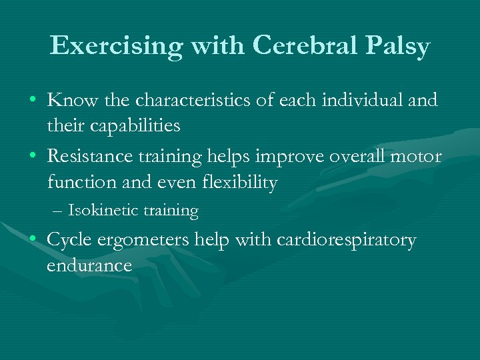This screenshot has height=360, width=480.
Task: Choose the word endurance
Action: click(89, 265)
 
